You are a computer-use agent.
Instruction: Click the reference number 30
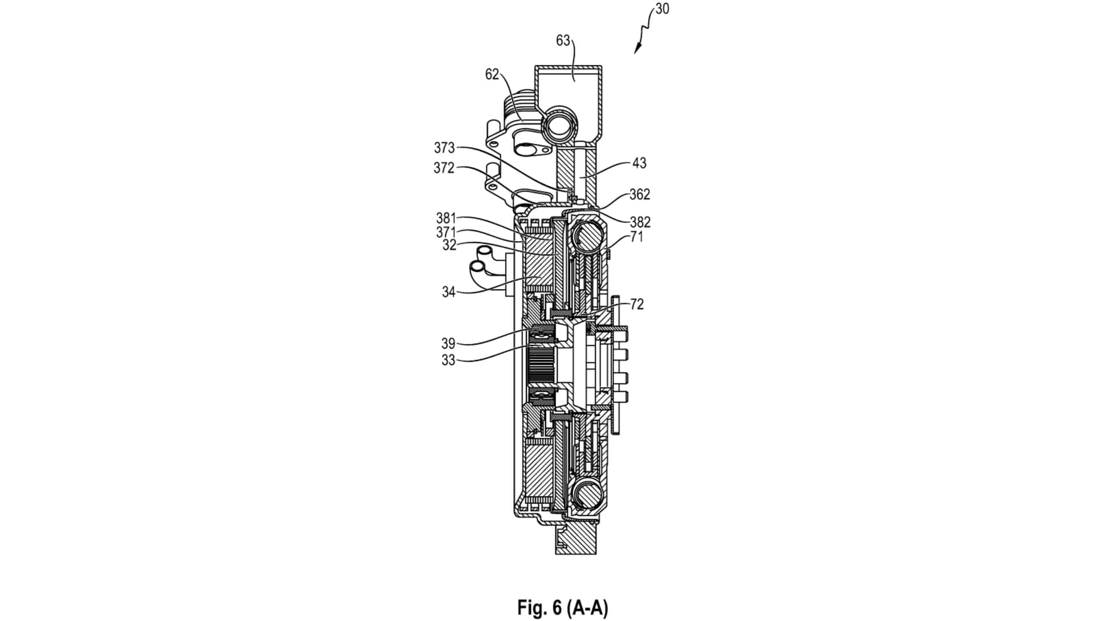pyautogui.click(x=662, y=10)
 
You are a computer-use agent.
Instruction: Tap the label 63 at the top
pyautogui.click(x=563, y=40)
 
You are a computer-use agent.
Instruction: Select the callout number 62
pyautogui.click(x=492, y=74)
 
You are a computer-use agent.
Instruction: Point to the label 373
pyautogui.click(x=444, y=148)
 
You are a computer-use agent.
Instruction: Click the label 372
pyautogui.click(x=444, y=168)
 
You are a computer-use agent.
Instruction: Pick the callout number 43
pyautogui.click(x=639, y=163)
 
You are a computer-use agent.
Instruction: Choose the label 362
pyautogui.click(x=639, y=194)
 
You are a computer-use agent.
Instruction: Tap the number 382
pyautogui.click(x=640, y=222)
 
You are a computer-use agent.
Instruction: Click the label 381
pyautogui.click(x=446, y=218)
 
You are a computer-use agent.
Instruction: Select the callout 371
pyautogui.click(x=446, y=232)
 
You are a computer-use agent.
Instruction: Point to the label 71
pyautogui.click(x=637, y=237)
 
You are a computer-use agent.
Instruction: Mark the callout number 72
pyautogui.click(x=637, y=304)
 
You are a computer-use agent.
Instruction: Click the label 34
pyautogui.click(x=449, y=292)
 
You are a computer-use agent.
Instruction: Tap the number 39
pyautogui.click(x=448, y=343)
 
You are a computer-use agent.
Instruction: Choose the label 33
pyautogui.click(x=448, y=361)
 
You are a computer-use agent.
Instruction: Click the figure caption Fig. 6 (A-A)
pyautogui.click(x=562, y=607)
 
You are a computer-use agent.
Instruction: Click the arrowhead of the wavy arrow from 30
pyautogui.click(x=637, y=52)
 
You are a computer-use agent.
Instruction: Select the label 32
pyautogui.click(x=449, y=246)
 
